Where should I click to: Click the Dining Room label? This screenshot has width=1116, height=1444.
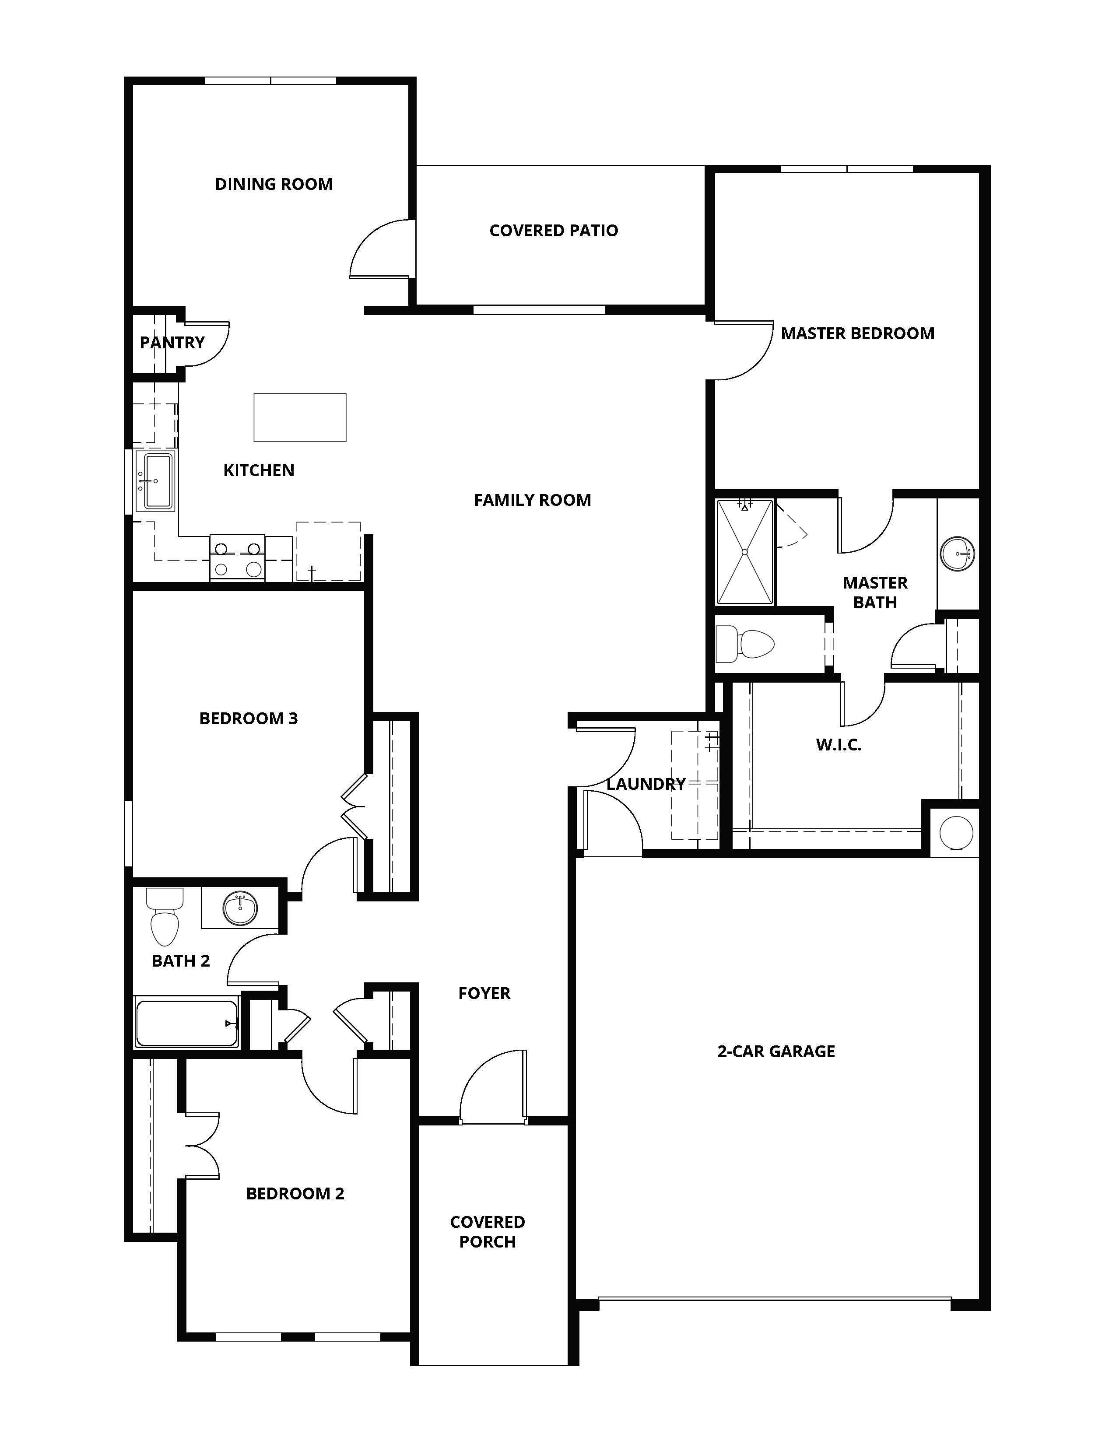[274, 184]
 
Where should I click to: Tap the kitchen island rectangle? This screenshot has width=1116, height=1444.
[299, 417]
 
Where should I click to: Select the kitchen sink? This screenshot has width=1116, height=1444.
[155, 480]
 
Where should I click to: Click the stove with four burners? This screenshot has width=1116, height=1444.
[237, 558]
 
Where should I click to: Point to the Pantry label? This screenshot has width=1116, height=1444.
[172, 343]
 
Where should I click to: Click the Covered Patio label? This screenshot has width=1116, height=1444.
[553, 231]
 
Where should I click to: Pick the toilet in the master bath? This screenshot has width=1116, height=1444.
[747, 643]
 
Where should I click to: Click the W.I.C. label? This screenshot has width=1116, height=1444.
[839, 745]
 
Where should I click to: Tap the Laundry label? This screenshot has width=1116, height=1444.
[645, 784]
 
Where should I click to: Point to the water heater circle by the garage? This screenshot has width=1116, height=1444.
[956, 832]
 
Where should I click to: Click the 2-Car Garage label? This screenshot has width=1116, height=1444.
[776, 1051]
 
